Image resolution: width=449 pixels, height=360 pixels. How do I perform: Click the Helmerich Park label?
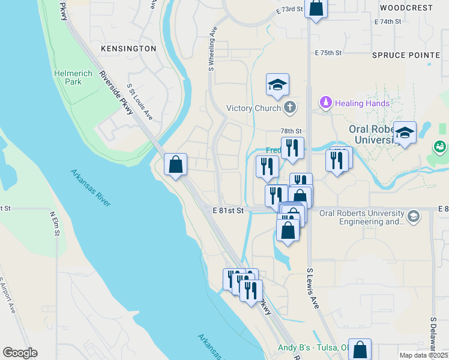click(68, 77)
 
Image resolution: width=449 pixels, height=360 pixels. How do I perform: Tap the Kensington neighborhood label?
click(128, 48)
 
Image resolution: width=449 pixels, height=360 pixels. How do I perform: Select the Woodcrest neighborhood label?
click(406, 8)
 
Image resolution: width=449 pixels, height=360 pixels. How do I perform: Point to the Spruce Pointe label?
click(406, 55)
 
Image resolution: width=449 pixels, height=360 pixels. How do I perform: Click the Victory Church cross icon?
click(289, 108)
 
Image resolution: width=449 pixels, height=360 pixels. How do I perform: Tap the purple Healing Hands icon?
click(325, 103)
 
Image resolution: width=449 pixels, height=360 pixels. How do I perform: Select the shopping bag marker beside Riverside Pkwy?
click(175, 164)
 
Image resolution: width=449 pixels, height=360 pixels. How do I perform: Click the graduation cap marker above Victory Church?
click(278, 85)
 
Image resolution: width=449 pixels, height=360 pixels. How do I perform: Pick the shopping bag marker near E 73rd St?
click(316, 8)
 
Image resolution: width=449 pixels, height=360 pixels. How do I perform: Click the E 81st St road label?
click(228, 211)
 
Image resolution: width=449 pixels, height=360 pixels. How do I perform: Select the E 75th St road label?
click(328, 53)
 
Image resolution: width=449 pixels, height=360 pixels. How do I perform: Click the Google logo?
click(20, 353)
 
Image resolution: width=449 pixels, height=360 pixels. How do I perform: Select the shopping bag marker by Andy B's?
click(360, 349)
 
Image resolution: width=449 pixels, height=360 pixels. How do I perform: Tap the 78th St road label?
click(291, 131)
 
